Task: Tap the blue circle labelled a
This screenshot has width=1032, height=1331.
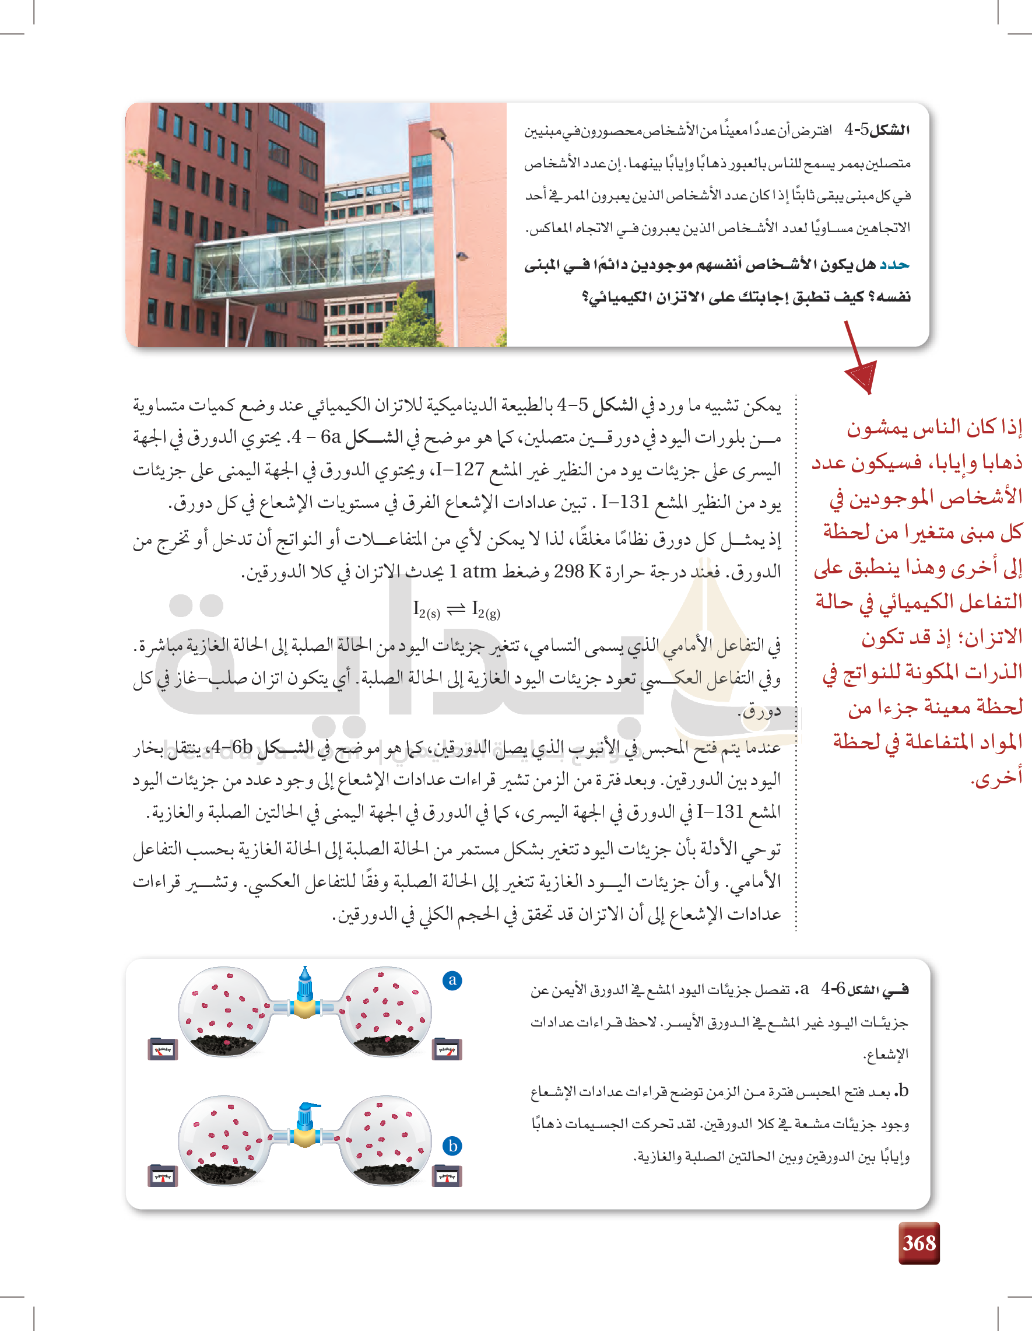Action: pos(452,980)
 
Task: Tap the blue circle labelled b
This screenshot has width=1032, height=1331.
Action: pos(452,1146)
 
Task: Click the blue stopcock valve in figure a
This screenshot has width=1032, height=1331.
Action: pos(304,983)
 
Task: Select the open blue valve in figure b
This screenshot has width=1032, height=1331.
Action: pos(307,1118)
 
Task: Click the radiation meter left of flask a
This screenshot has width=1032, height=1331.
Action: pos(163,1049)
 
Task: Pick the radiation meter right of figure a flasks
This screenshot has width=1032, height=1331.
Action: pos(447,1049)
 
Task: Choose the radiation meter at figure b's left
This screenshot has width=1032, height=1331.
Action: pos(163,1176)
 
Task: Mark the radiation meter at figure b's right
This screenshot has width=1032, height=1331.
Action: pos(447,1176)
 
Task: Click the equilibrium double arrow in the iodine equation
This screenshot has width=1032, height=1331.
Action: pos(456,609)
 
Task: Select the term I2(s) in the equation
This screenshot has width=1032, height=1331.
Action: pos(426,610)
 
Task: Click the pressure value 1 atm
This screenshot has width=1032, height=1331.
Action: pos(473,571)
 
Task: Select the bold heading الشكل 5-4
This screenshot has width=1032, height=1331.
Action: pos(877,130)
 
